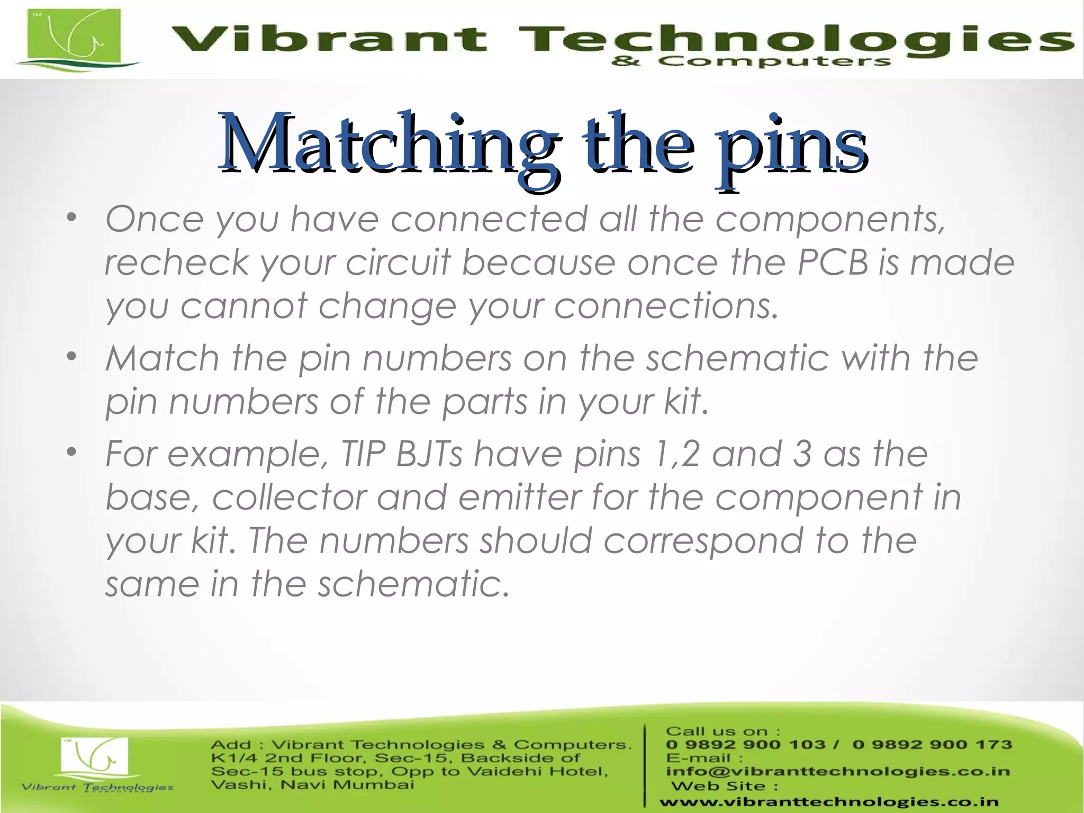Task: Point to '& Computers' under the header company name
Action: pyautogui.click(x=750, y=61)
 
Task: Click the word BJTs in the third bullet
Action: pyautogui.click(x=429, y=454)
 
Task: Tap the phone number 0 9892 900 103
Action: pyautogui.click(x=746, y=745)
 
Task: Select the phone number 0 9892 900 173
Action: pyautogui.click(x=932, y=745)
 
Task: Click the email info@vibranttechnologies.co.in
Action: pyautogui.click(x=838, y=771)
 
